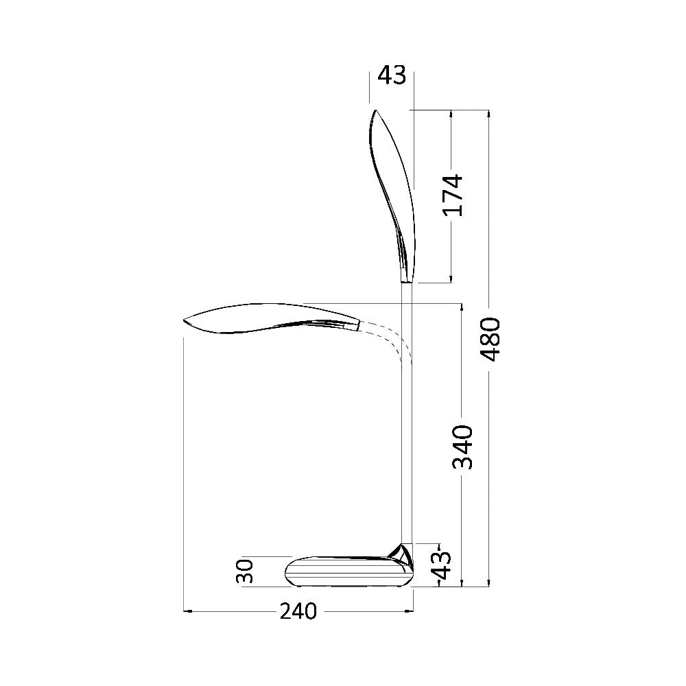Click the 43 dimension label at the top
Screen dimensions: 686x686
392,75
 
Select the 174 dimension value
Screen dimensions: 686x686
453,196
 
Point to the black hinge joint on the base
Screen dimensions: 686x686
399,552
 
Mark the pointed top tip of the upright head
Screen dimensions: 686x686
375,111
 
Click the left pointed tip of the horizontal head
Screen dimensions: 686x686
186,320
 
